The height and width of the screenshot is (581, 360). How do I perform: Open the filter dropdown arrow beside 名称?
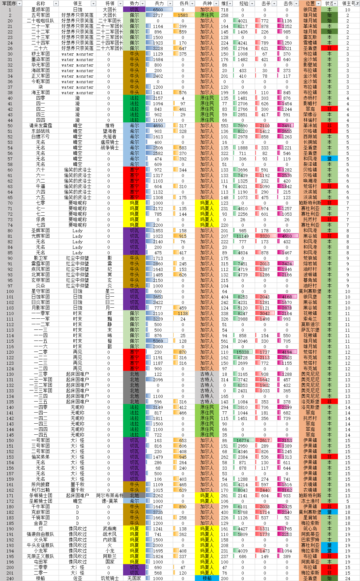tap(56, 3)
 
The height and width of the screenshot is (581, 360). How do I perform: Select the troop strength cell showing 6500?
tap(158, 10)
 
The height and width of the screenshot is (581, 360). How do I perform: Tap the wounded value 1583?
tap(183, 15)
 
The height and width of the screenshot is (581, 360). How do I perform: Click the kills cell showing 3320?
tap(265, 236)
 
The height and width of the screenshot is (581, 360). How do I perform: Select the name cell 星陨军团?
tap(41, 10)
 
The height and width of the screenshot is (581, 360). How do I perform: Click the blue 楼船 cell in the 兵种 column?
tap(207, 578)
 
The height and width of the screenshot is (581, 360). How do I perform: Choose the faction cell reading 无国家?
tap(134, 578)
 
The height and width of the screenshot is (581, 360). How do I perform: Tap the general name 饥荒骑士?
tap(110, 578)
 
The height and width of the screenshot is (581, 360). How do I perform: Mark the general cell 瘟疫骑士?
tap(110, 142)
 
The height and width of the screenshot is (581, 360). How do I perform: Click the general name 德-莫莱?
tap(110, 501)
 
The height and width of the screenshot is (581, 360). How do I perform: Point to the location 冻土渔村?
tap(310, 501)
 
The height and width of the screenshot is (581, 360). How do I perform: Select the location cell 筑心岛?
tap(310, 529)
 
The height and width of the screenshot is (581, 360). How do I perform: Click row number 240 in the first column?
tap(10, 578)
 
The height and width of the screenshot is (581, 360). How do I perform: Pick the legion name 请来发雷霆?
tap(41, 125)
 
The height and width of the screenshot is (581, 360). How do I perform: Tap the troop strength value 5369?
tap(158, 341)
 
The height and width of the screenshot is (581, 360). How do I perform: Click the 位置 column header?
tap(310, 3)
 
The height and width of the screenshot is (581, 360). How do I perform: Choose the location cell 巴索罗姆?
tap(310, 540)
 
